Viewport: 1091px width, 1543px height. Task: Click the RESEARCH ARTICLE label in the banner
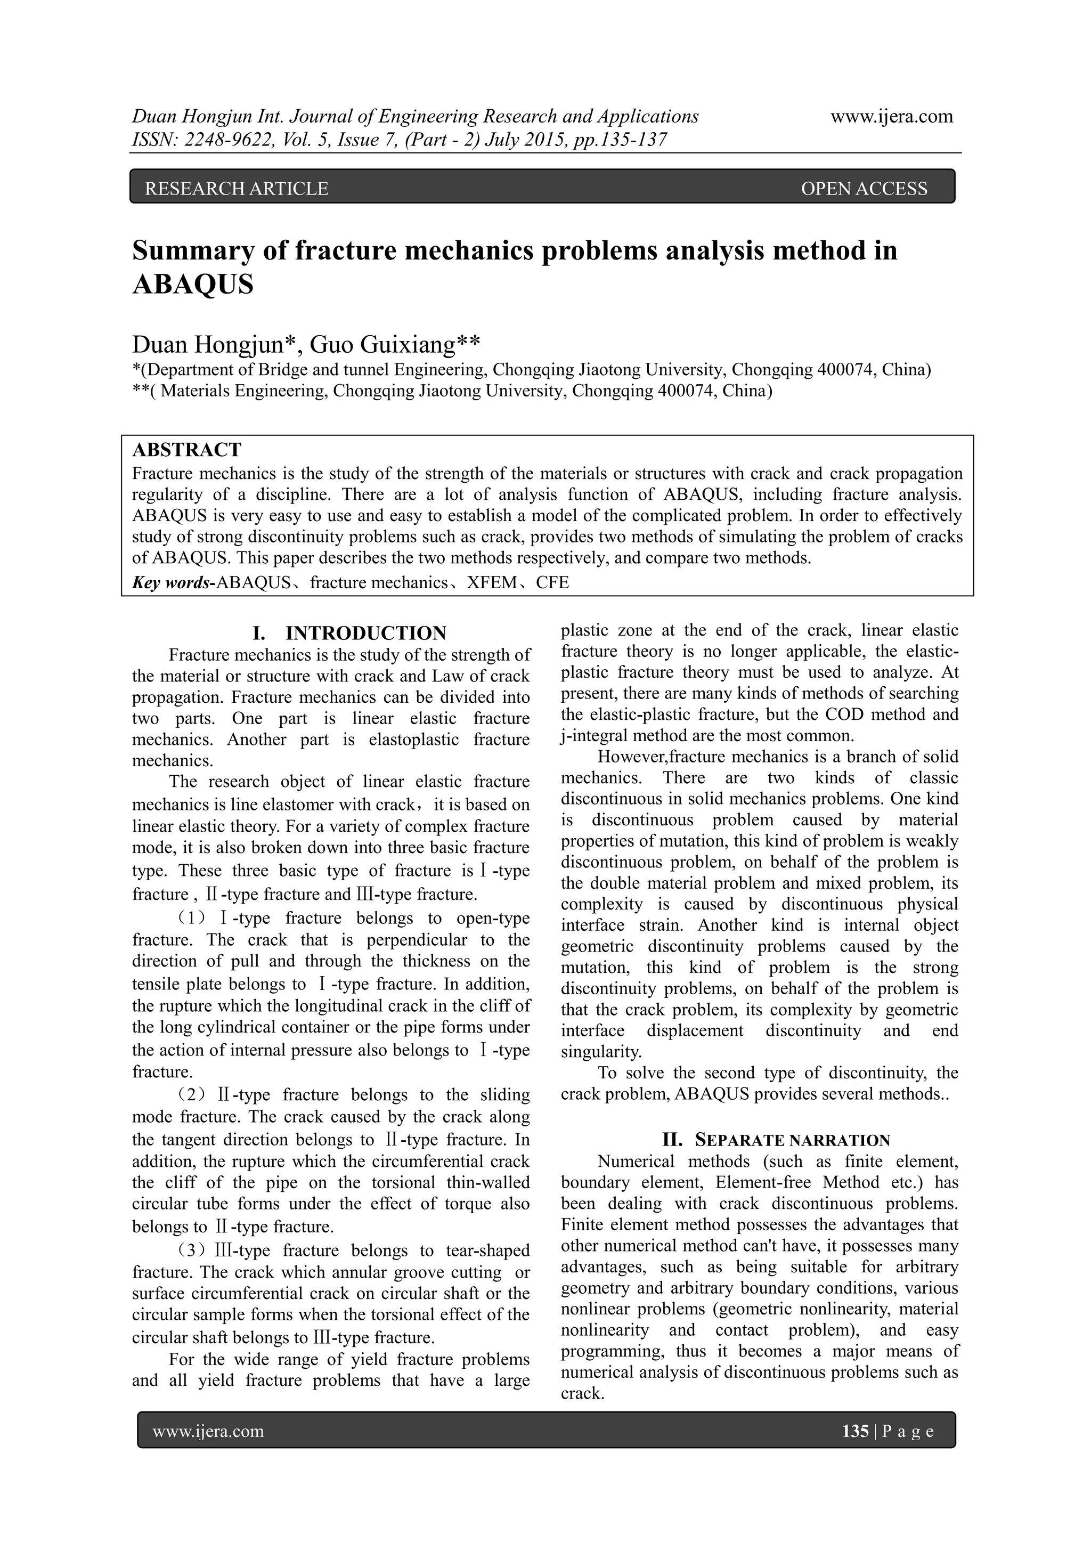point(237,189)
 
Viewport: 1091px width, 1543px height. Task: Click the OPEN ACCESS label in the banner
point(864,189)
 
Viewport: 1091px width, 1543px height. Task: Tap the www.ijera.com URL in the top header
point(891,116)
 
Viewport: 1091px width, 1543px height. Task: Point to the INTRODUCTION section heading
point(365,633)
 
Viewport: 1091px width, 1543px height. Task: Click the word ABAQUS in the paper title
point(193,285)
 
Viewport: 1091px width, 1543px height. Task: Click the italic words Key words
point(172,583)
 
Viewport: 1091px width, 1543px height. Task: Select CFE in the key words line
point(552,583)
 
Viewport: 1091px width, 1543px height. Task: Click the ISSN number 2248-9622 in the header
point(210,140)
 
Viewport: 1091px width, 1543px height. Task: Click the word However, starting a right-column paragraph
point(631,757)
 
